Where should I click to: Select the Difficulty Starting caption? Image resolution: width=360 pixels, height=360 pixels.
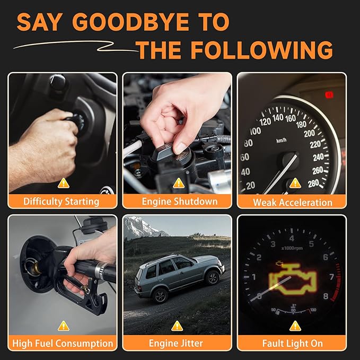(x=62, y=201)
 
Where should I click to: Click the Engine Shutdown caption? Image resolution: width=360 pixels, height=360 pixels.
(x=180, y=201)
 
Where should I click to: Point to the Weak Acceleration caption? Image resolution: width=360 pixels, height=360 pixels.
(x=293, y=203)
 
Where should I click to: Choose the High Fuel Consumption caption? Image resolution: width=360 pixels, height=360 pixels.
(x=63, y=343)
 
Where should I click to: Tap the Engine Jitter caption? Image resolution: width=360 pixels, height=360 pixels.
(x=176, y=343)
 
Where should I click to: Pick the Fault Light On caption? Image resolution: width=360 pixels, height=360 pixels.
(x=293, y=343)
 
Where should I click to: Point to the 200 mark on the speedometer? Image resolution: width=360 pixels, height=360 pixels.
(x=309, y=133)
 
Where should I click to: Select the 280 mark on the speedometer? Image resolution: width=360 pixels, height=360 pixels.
(x=313, y=183)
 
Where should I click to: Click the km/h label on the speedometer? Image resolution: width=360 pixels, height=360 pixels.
(x=281, y=140)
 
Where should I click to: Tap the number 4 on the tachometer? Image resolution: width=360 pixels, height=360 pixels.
(x=292, y=238)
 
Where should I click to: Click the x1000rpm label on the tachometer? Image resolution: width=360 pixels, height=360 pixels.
(x=292, y=248)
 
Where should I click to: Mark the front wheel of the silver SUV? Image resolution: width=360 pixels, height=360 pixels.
(x=213, y=278)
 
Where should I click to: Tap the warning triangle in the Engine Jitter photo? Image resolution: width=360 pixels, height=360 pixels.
(x=177, y=326)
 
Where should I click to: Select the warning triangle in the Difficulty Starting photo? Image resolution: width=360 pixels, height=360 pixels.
(x=64, y=183)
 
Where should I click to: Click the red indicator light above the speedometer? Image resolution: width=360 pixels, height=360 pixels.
(x=329, y=95)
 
